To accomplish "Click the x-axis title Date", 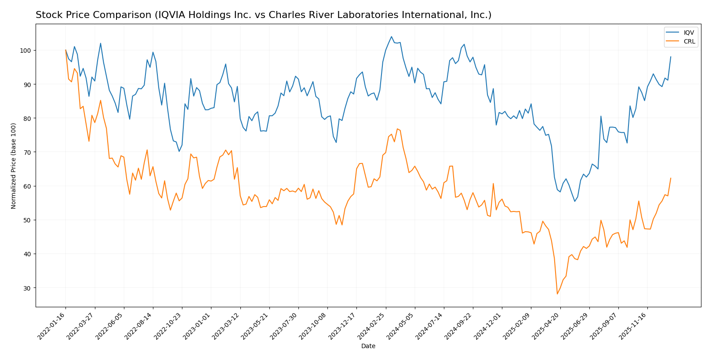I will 368,346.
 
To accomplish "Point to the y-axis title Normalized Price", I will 14,166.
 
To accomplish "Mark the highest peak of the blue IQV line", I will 391,37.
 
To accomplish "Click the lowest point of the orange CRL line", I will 557,294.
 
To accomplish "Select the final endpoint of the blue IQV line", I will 671,57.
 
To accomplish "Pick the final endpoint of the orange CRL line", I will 671,178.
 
